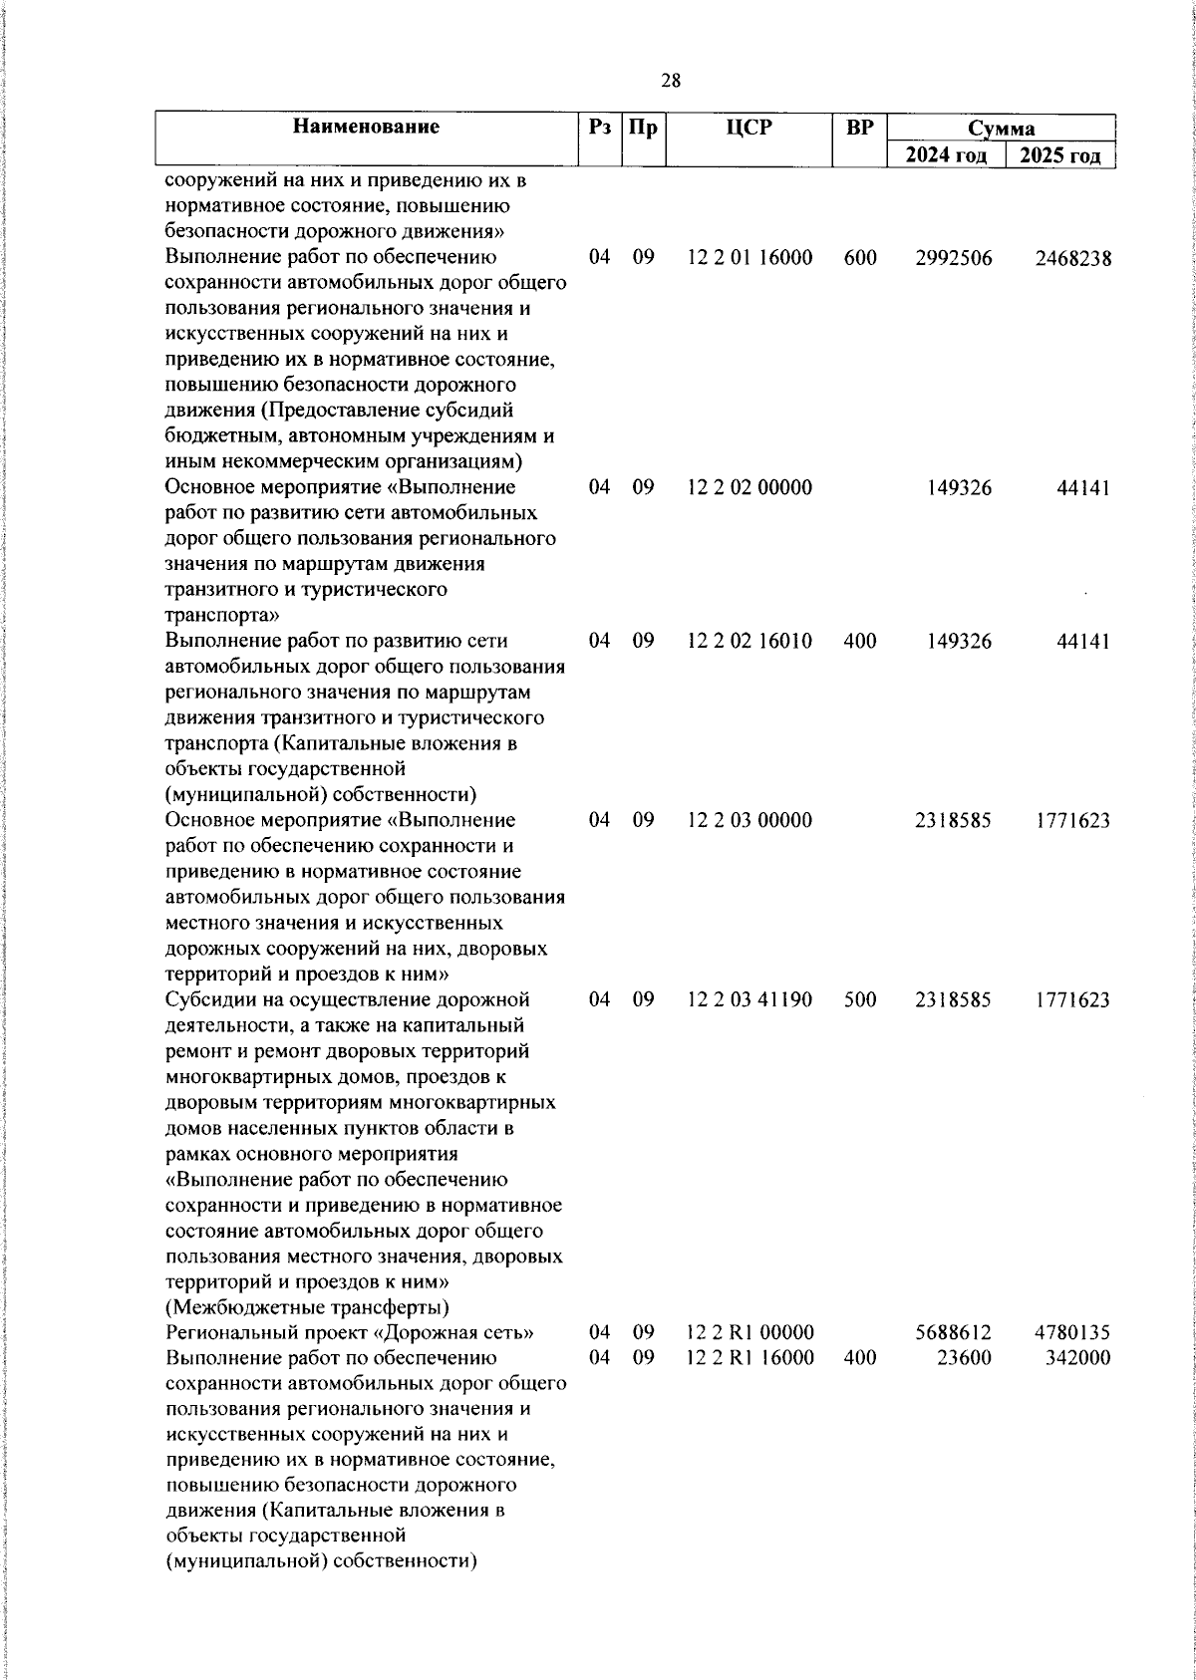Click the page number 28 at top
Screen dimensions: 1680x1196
tap(671, 82)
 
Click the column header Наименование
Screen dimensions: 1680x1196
tap(366, 128)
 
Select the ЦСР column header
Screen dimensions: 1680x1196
tap(748, 128)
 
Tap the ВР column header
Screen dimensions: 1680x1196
tap(859, 128)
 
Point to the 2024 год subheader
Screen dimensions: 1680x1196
tap(946, 155)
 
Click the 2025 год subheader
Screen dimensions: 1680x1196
tap(1059, 155)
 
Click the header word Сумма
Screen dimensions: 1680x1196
tap(1001, 129)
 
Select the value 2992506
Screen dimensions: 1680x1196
tap(954, 258)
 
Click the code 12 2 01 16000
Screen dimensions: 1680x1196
tap(749, 258)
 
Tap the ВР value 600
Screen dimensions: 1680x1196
tap(860, 258)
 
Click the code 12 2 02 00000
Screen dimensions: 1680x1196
tap(749, 488)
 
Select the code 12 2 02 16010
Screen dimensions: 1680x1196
tap(749, 642)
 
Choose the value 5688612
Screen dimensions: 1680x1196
tap(954, 1333)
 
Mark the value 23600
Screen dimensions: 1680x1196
tap(965, 1358)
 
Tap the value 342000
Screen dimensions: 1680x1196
tap(1077, 1358)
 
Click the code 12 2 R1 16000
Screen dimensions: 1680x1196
tap(749, 1358)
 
